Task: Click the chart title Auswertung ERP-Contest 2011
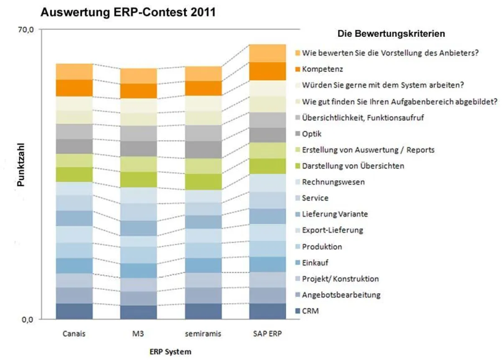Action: [x=128, y=13]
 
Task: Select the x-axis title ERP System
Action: [x=170, y=351]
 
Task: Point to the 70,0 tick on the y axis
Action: [x=25, y=30]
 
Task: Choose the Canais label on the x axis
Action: [x=74, y=334]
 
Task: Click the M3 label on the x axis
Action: [x=138, y=334]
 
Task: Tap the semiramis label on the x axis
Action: [x=203, y=334]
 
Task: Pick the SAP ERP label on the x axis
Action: [x=268, y=334]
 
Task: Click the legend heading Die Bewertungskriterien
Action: [x=391, y=33]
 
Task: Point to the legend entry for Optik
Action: [x=312, y=134]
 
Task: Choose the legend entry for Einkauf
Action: [x=315, y=263]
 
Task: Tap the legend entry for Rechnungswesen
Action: [x=333, y=182]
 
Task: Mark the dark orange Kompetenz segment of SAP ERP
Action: [x=268, y=71]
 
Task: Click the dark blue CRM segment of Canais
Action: [x=74, y=311]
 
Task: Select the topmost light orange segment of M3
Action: [x=138, y=76]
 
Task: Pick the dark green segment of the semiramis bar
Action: [x=203, y=182]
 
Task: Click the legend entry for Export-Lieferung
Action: [x=332, y=230]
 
